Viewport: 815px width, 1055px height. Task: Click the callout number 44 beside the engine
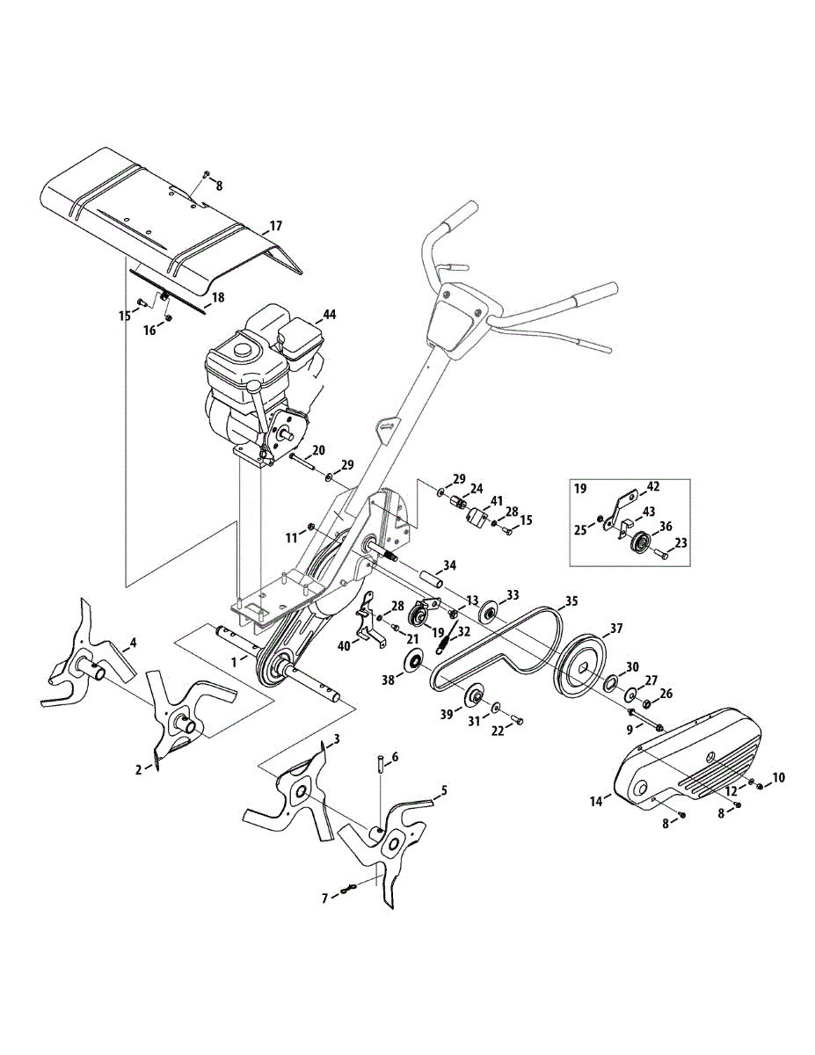(x=329, y=314)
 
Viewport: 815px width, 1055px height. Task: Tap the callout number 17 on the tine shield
(x=275, y=226)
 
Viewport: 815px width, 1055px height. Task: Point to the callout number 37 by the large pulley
(x=615, y=629)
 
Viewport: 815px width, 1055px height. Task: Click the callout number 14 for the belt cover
(x=596, y=801)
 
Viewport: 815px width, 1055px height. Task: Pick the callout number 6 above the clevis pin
(x=395, y=756)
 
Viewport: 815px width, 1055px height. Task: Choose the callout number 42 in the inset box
(x=653, y=485)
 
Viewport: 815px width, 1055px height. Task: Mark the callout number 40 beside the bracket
(x=344, y=645)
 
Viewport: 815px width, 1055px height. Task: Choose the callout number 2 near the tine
(x=138, y=769)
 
